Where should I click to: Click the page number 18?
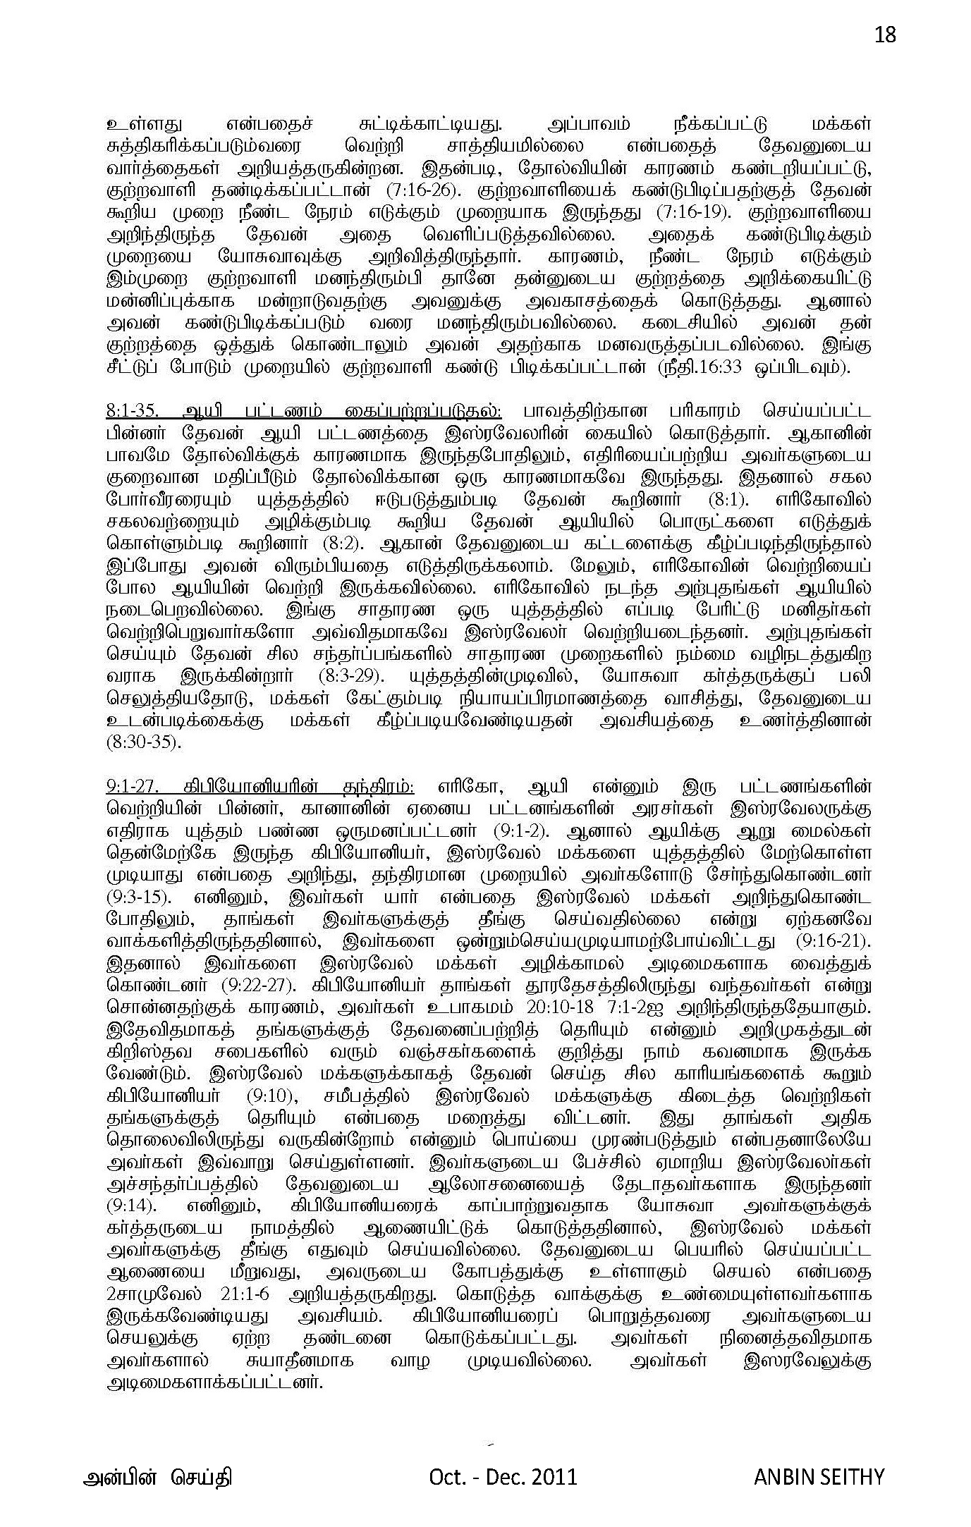pos(884,35)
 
